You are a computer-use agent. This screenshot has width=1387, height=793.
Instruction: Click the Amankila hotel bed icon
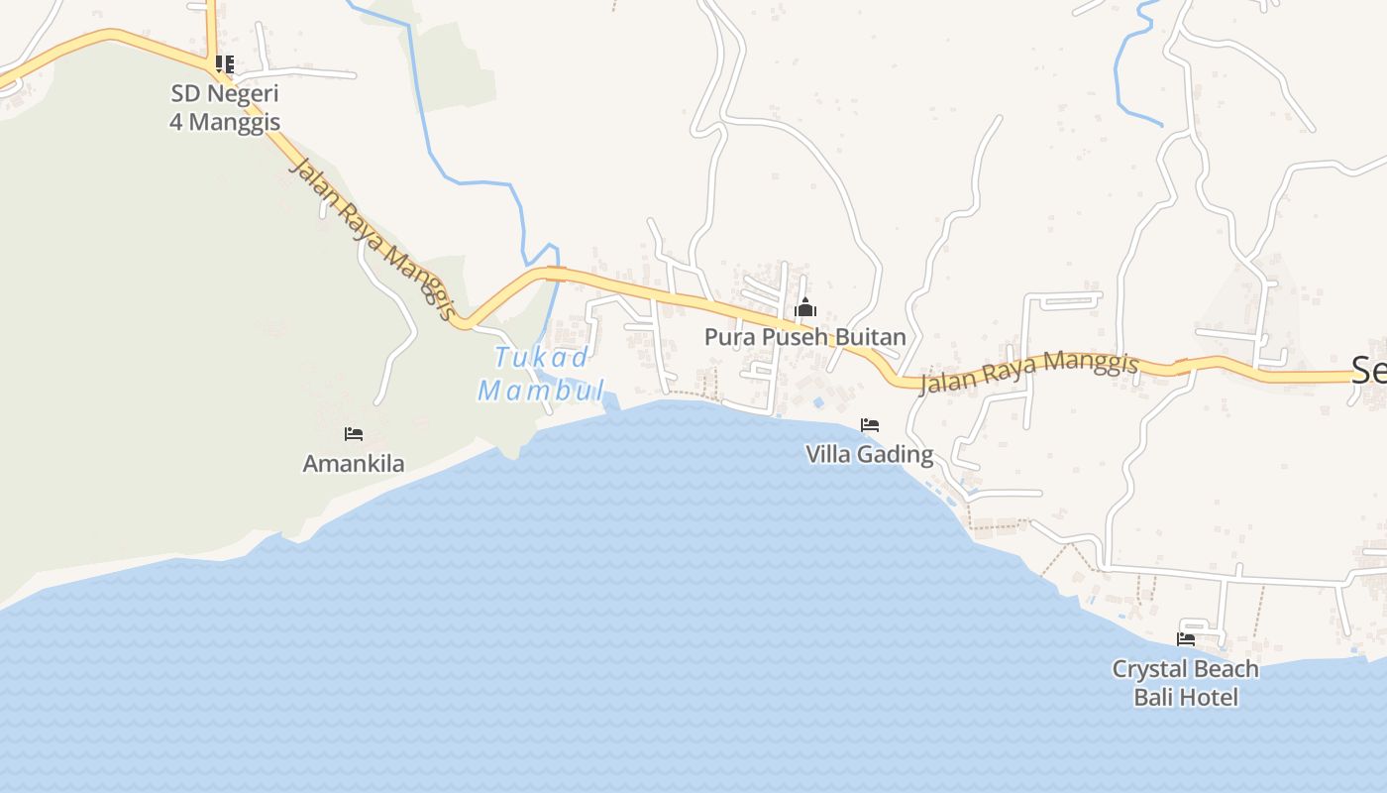354,434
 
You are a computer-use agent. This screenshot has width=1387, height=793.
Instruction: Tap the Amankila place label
354,464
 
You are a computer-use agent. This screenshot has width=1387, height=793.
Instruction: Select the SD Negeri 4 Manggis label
225,108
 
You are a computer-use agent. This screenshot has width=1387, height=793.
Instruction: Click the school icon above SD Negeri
225,64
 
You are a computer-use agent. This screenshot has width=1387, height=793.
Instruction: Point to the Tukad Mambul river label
541,374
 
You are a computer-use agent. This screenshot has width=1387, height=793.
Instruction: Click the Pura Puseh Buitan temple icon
805,307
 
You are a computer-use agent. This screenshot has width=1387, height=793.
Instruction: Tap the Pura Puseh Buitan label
804,337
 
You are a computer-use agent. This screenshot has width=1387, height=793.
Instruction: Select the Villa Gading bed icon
870,425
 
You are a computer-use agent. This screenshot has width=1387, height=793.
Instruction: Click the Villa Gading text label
869,455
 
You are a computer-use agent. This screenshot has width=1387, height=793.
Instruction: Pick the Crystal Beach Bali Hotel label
1186,683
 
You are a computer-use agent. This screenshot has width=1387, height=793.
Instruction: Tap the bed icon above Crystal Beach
1186,639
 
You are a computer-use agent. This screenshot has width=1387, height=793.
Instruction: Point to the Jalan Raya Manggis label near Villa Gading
1029,372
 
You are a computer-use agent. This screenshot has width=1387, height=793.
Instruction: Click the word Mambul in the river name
541,390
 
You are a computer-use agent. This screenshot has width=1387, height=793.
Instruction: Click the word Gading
896,455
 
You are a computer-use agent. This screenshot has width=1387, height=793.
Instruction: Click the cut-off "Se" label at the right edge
1368,372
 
